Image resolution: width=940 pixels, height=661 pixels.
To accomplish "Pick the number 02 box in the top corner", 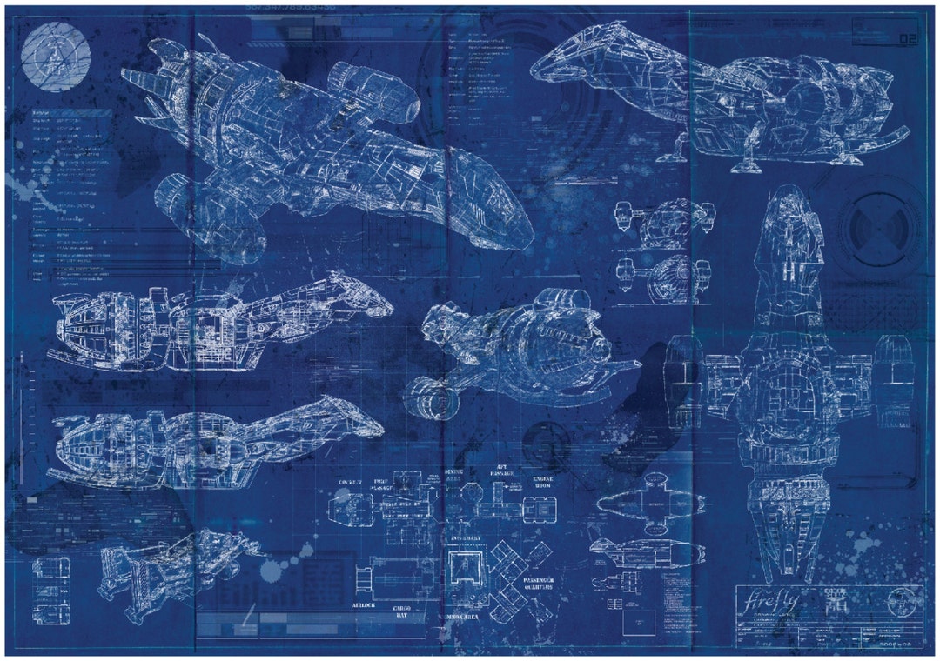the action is pos(908,39).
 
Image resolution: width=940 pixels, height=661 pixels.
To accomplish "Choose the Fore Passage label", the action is pos(382,485).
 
